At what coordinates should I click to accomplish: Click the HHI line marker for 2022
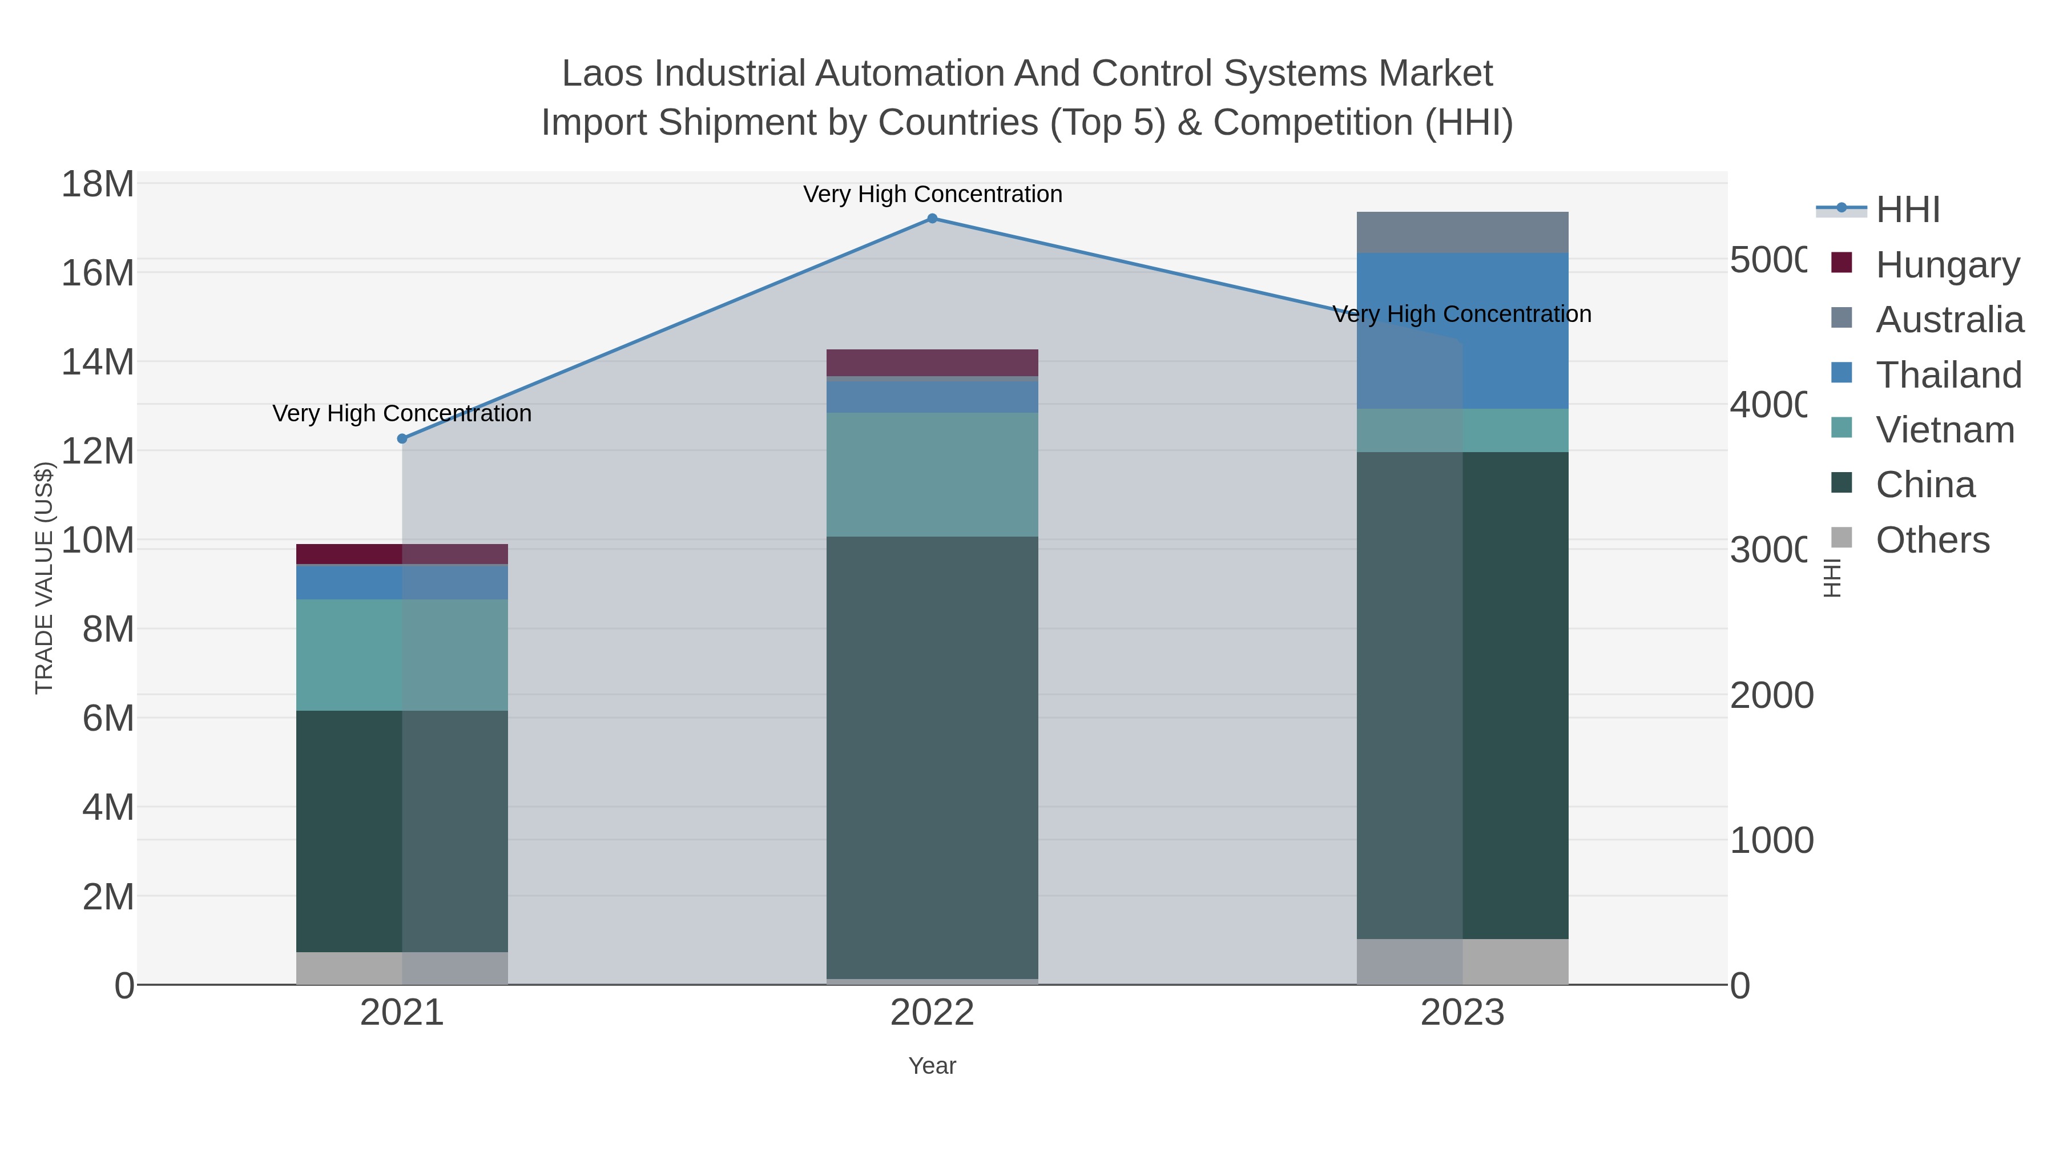(932, 218)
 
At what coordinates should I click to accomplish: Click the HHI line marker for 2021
(402, 439)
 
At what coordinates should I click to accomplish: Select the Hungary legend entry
(1947, 265)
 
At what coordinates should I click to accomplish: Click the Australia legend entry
(1949, 320)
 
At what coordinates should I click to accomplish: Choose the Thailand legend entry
(1948, 375)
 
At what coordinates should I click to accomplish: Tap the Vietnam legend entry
(1944, 430)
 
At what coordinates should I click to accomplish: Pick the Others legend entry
(1932, 540)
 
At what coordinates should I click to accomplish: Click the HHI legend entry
(1907, 210)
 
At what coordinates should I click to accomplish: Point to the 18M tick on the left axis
(97, 184)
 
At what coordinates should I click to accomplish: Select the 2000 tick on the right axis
(1771, 696)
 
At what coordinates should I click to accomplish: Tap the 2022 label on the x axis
(932, 1013)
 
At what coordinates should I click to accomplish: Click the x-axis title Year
(932, 1066)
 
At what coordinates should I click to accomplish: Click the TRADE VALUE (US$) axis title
(44, 578)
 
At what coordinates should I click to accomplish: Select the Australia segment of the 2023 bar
(1462, 232)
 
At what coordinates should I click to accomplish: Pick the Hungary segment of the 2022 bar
(932, 362)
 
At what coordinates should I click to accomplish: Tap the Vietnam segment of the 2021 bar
(402, 654)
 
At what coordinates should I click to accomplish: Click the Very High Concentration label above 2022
(932, 194)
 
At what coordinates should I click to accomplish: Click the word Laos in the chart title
(603, 74)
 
